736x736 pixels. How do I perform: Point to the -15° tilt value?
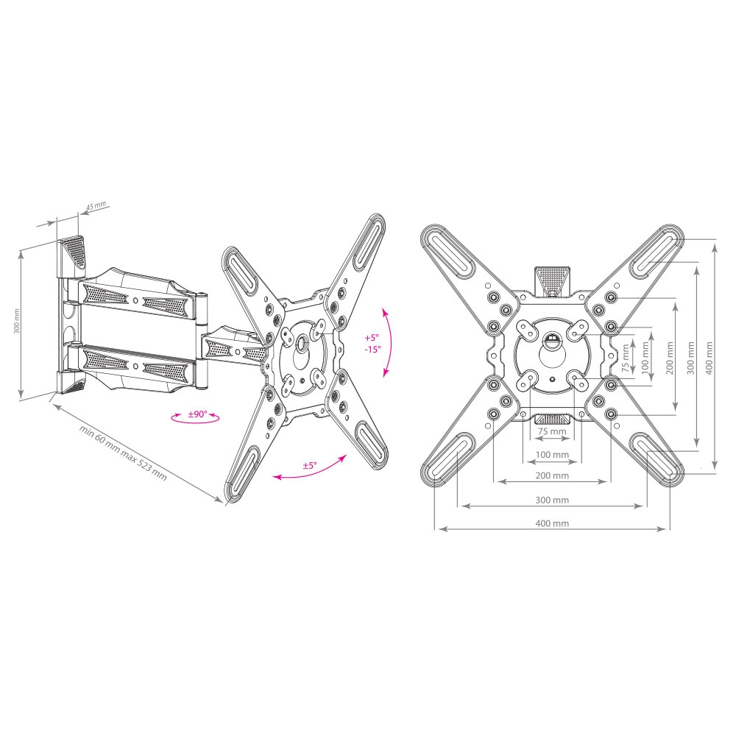pos(372,350)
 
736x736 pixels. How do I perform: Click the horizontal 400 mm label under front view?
pos(552,523)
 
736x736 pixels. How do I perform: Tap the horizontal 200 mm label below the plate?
pos(552,475)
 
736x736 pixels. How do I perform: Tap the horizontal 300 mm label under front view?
pos(552,500)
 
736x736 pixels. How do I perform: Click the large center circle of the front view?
pos(552,354)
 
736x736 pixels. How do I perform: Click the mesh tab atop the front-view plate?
pos(552,280)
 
